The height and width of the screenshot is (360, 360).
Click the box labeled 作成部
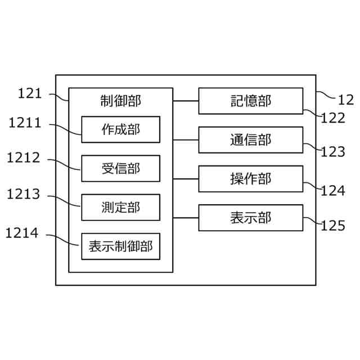click(x=120, y=129)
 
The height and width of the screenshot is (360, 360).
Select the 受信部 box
click(x=120, y=168)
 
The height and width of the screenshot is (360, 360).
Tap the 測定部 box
click(x=120, y=207)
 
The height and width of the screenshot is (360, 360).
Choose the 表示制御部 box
click(x=120, y=246)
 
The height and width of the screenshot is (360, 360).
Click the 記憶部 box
click(x=250, y=101)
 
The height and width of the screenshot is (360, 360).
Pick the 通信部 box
click(x=250, y=139)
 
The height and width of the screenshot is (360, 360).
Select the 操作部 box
click(x=250, y=179)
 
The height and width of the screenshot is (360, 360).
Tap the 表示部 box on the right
click(x=250, y=217)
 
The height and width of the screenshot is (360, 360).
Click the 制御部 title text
click(x=120, y=101)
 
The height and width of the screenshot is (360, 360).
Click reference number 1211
click(x=24, y=122)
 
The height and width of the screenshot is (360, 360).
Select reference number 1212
click(x=24, y=158)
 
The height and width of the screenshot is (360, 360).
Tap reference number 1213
click(x=24, y=195)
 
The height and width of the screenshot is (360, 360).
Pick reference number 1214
click(x=24, y=232)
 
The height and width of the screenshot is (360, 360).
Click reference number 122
click(x=332, y=118)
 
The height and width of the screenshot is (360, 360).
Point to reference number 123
click(x=332, y=152)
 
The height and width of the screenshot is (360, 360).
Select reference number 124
click(x=332, y=191)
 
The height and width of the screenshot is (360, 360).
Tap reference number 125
click(x=332, y=226)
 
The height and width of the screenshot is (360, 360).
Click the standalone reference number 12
click(x=345, y=100)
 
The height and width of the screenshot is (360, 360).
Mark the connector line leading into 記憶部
click(x=186, y=101)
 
